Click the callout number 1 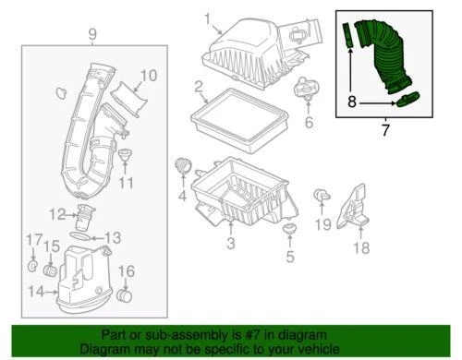click(207, 17)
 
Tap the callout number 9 click(91, 35)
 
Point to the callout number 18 click(361, 247)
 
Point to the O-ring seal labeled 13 click(82, 237)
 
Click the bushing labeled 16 click(127, 296)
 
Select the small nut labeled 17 click(33, 268)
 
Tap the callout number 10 click(149, 76)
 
